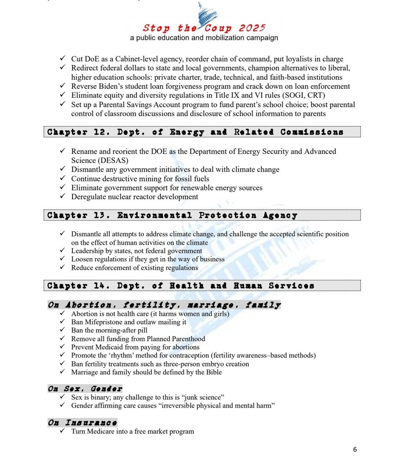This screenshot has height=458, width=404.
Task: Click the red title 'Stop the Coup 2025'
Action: tap(204, 28)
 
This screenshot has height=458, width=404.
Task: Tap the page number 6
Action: tap(355, 449)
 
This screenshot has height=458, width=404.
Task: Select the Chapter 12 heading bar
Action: tap(202, 132)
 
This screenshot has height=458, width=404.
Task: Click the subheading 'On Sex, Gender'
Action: tap(85, 389)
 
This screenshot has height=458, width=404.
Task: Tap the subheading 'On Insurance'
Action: tap(82, 423)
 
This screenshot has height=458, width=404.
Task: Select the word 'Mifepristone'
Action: tap(104, 322)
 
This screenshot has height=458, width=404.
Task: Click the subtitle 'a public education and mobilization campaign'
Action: tap(204, 38)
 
